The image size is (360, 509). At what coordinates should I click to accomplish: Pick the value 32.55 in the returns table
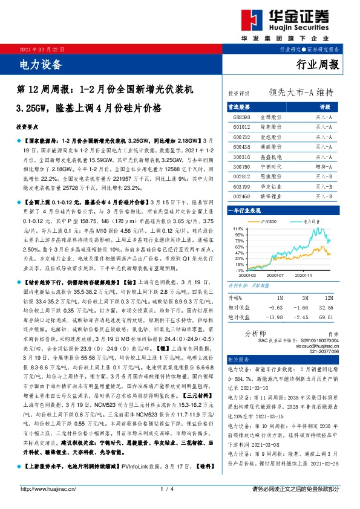(329, 307)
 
